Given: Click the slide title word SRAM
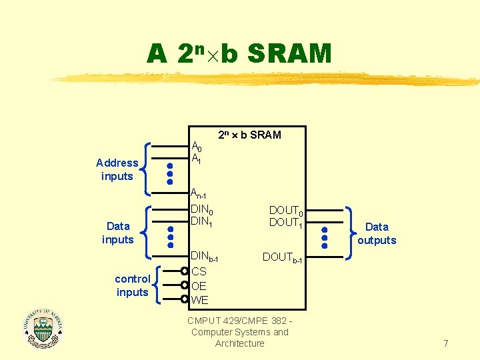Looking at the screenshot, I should coord(289,53).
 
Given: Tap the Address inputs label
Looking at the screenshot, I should coord(117,169).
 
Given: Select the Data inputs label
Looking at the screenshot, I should coord(118,233).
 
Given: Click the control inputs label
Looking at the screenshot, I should coord(133,285).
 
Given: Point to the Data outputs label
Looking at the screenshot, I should coord(377,233).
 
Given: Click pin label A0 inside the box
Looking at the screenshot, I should coord(197,147).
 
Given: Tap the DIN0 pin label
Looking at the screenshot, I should coord(202,209).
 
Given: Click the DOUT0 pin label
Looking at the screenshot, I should coord(287,211).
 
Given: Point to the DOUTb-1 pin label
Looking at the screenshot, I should coord(282,257).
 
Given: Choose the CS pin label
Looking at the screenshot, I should coord(199,271).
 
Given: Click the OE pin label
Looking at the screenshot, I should coord(199,286).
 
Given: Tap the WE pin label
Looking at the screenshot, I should coord(199,300).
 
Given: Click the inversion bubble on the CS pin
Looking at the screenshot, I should coord(185,271).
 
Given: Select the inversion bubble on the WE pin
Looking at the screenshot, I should coord(185,299).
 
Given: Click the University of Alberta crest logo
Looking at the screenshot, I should coord(43,328).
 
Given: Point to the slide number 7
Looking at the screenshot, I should coord(446,343).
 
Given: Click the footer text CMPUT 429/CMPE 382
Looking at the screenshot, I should coord(239,321).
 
